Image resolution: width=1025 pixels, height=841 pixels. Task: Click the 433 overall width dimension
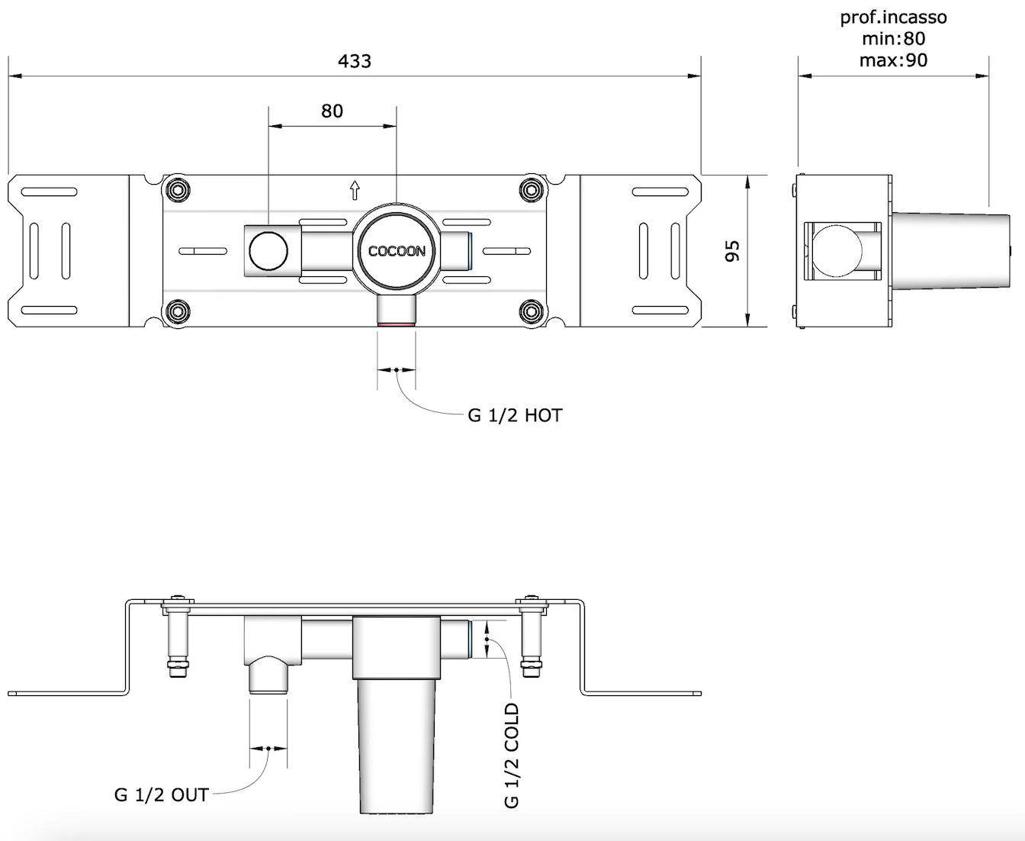(354, 61)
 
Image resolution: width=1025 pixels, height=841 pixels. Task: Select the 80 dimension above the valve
(332, 111)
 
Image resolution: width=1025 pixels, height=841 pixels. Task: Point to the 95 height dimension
(732, 251)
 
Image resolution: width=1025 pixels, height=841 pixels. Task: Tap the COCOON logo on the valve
(397, 251)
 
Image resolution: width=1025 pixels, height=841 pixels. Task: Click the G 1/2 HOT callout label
(515, 416)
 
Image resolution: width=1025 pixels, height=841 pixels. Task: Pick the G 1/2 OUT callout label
(161, 795)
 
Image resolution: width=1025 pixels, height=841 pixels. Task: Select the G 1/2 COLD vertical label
(512, 756)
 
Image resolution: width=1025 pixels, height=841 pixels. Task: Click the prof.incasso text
(894, 17)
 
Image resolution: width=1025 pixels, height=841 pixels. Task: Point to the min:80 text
(894, 38)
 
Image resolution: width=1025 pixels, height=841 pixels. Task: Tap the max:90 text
(894, 60)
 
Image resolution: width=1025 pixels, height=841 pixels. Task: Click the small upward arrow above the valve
(355, 189)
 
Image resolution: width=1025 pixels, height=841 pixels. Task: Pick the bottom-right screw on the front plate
(532, 311)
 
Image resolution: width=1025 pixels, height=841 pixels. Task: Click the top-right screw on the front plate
(532, 189)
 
